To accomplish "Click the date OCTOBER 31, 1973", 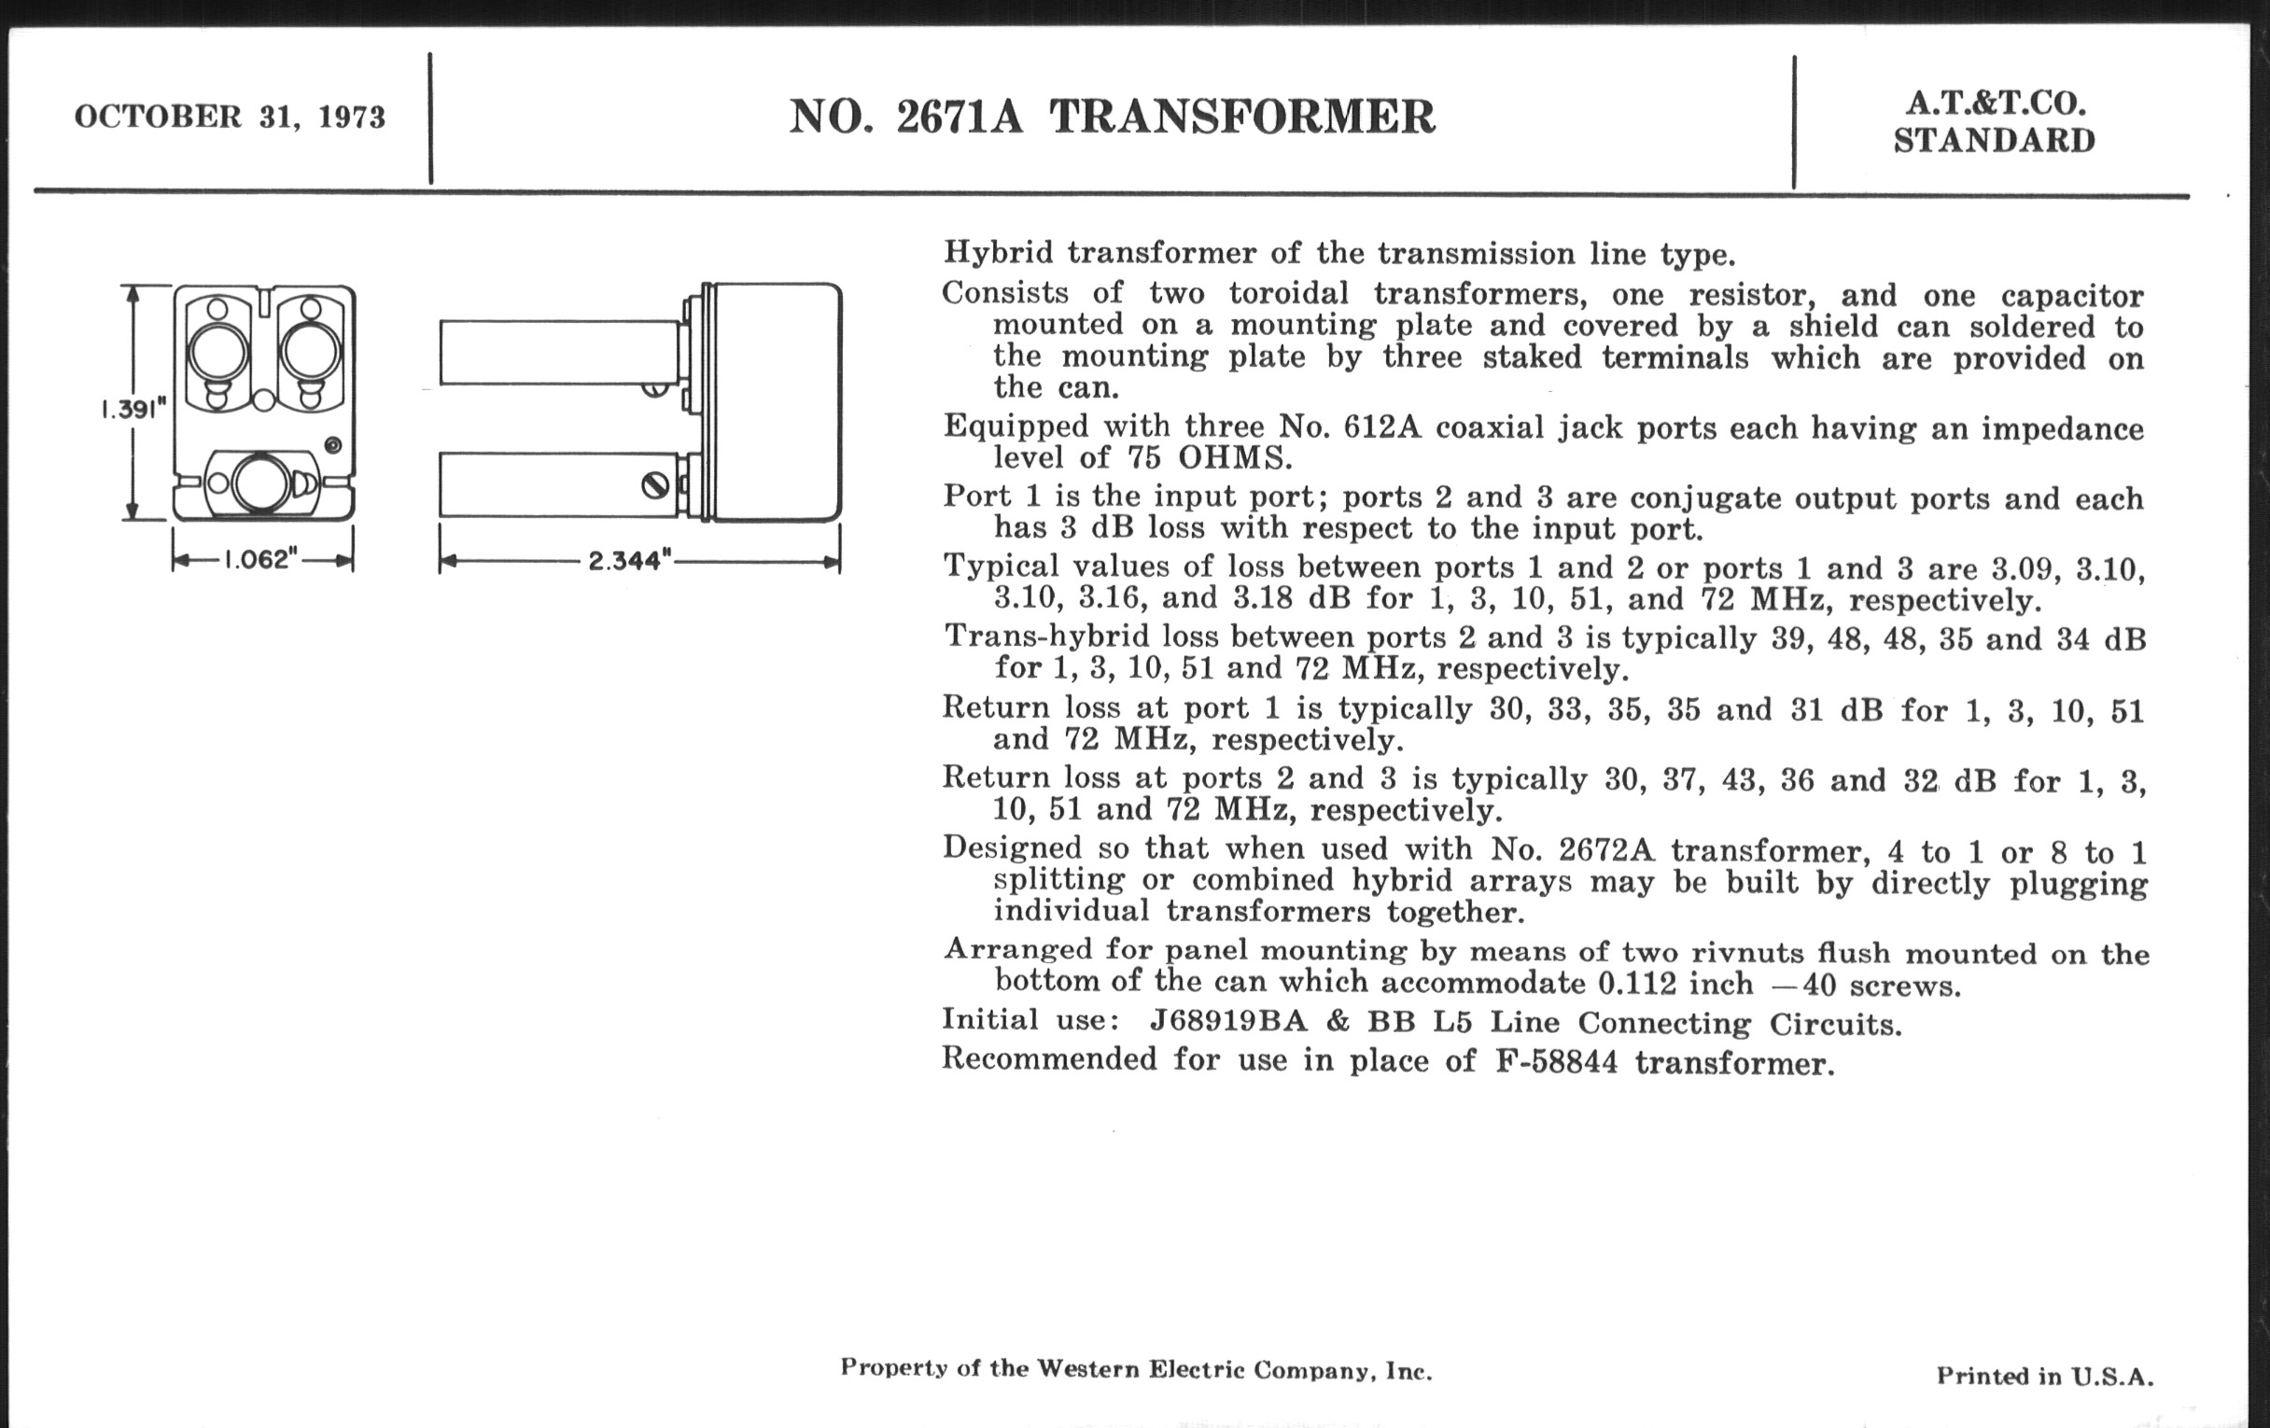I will click(229, 117).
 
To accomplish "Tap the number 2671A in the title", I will click(959, 117).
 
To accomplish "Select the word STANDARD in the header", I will click(1994, 141).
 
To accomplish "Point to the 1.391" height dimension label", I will click(133, 409).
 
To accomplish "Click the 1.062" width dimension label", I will click(260, 560).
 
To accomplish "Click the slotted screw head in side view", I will click(655, 485).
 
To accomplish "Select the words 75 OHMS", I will click(1210, 459).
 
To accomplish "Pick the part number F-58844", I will click(1556, 1062).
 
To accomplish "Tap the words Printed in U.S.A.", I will click(2045, 1376).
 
